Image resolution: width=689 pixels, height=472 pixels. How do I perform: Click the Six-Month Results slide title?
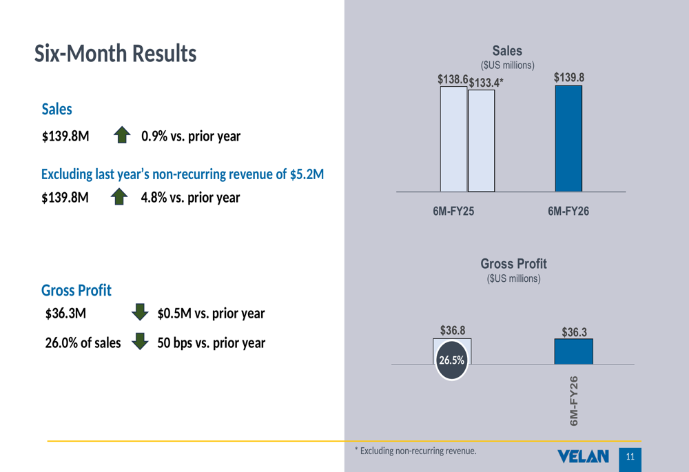click(x=115, y=54)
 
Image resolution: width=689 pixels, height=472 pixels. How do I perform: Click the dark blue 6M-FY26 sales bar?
click(x=568, y=138)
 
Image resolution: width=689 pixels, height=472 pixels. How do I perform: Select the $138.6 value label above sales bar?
click(x=453, y=80)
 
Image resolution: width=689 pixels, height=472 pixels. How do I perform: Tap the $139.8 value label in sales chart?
click(x=569, y=78)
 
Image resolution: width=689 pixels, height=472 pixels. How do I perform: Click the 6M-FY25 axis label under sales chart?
click(x=453, y=212)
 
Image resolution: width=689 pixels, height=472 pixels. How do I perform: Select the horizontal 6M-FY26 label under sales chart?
click(x=568, y=212)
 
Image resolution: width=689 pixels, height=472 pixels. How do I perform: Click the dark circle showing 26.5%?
click(x=451, y=360)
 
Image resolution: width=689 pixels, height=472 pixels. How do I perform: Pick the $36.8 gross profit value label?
click(x=453, y=331)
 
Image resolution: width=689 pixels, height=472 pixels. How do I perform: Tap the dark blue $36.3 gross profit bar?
click(x=573, y=351)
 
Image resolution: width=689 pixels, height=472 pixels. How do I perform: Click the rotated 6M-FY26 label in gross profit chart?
click(x=574, y=400)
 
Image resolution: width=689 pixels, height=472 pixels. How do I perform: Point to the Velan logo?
click(x=584, y=456)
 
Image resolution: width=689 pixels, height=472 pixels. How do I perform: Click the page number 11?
click(x=630, y=457)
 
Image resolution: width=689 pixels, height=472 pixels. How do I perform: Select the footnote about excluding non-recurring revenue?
click(x=415, y=451)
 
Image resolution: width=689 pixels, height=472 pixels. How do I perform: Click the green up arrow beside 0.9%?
click(x=122, y=135)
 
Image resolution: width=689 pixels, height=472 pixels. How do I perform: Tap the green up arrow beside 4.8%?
click(x=120, y=198)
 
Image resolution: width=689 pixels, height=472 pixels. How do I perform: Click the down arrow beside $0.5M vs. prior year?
click(x=140, y=312)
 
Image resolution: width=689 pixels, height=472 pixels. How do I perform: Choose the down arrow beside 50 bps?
click(x=140, y=342)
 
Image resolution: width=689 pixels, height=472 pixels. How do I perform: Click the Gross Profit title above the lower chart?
click(x=513, y=264)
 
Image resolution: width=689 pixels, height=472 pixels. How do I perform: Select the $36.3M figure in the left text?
click(x=65, y=314)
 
